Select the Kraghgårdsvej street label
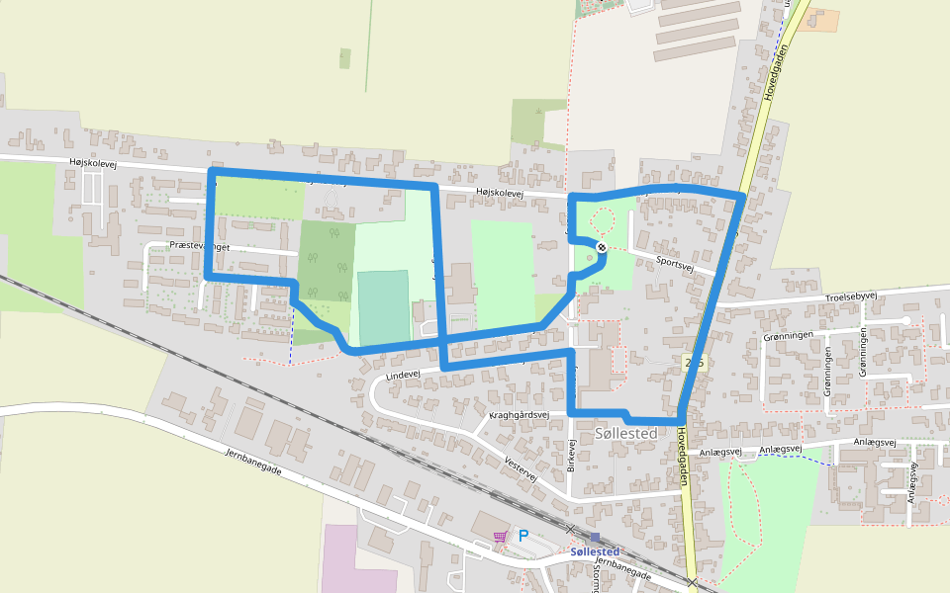click(519, 415)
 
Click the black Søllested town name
click(627, 434)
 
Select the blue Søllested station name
click(595, 551)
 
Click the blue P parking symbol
click(523, 536)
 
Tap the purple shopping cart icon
click(501, 537)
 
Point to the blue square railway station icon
click(594, 538)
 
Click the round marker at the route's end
click(601, 246)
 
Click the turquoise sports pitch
click(382, 307)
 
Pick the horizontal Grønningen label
click(788, 336)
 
